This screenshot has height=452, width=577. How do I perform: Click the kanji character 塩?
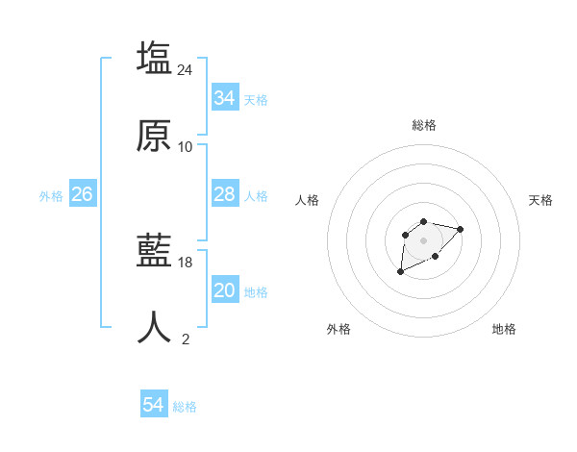click(x=154, y=58)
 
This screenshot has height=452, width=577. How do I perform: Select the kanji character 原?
click(x=154, y=136)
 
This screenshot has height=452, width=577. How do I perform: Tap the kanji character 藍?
click(x=154, y=252)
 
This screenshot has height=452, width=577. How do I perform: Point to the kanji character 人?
click(x=154, y=328)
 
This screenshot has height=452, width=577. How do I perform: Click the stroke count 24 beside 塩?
click(x=186, y=69)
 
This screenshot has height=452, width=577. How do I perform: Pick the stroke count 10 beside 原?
click(x=186, y=147)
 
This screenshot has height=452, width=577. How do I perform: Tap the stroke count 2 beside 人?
click(x=186, y=339)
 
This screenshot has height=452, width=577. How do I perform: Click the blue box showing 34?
click(x=224, y=98)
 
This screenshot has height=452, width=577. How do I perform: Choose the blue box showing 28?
click(x=224, y=194)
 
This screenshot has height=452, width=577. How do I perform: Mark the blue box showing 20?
click(x=224, y=290)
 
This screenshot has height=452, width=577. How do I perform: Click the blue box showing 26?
click(x=82, y=194)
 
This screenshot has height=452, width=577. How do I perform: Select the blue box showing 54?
click(x=153, y=406)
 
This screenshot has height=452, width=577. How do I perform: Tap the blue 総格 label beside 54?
click(x=185, y=407)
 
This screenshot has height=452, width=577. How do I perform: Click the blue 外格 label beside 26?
click(x=51, y=195)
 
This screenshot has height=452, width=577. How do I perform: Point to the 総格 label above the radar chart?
click(x=424, y=125)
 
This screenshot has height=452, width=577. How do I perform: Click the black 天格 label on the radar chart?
click(x=540, y=200)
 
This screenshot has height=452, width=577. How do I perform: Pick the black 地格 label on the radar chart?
click(x=504, y=329)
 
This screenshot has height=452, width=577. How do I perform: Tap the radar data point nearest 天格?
click(x=461, y=229)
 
